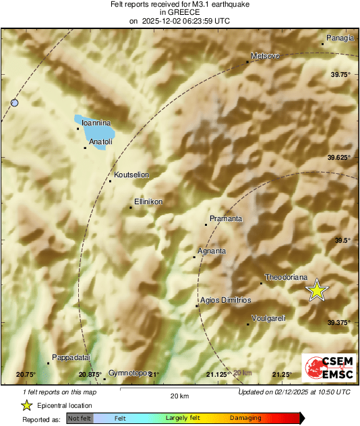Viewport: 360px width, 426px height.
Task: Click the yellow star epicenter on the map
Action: pos(316,291)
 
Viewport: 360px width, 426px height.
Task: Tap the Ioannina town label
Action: pos(95,123)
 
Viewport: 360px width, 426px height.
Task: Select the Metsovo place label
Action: pos(264,56)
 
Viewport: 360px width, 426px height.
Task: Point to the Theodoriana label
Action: pos(287,277)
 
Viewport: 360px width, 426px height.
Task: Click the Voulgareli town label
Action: pos(268,318)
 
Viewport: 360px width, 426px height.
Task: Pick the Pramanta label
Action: pos(226,218)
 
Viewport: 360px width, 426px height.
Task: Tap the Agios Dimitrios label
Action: pos(226,300)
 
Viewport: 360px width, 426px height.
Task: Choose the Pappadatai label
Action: pos(71,357)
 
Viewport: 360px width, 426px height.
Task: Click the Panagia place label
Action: pos(340,38)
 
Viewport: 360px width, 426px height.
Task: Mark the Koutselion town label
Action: pos(131,175)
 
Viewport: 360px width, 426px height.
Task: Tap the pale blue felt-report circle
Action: pos(15,102)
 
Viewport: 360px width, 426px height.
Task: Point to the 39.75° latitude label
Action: pos(340,75)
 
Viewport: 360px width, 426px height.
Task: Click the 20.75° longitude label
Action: pos(26,374)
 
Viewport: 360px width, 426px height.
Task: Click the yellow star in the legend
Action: pos(26,405)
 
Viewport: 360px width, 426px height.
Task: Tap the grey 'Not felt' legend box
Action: pos(80,419)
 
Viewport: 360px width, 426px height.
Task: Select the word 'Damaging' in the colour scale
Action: pos(246,419)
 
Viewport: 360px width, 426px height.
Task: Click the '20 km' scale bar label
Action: pos(179,395)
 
